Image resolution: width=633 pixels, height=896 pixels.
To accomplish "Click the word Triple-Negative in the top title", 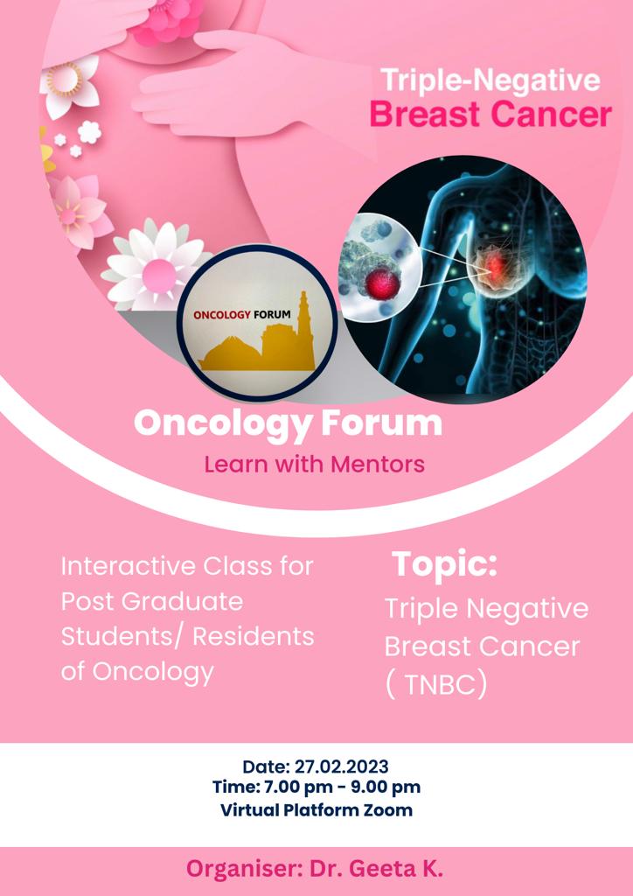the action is [x=490, y=80].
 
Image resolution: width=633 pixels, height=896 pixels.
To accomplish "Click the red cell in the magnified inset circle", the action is [x=382, y=283].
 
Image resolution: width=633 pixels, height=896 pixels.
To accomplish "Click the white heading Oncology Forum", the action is [x=288, y=423].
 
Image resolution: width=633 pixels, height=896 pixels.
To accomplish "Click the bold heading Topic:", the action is [x=444, y=563].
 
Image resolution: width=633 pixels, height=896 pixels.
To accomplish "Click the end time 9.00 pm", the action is [x=386, y=787].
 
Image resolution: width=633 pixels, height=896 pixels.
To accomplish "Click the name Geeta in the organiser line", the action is [x=383, y=869].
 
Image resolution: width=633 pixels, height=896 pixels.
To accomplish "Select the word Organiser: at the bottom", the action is [x=245, y=870].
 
